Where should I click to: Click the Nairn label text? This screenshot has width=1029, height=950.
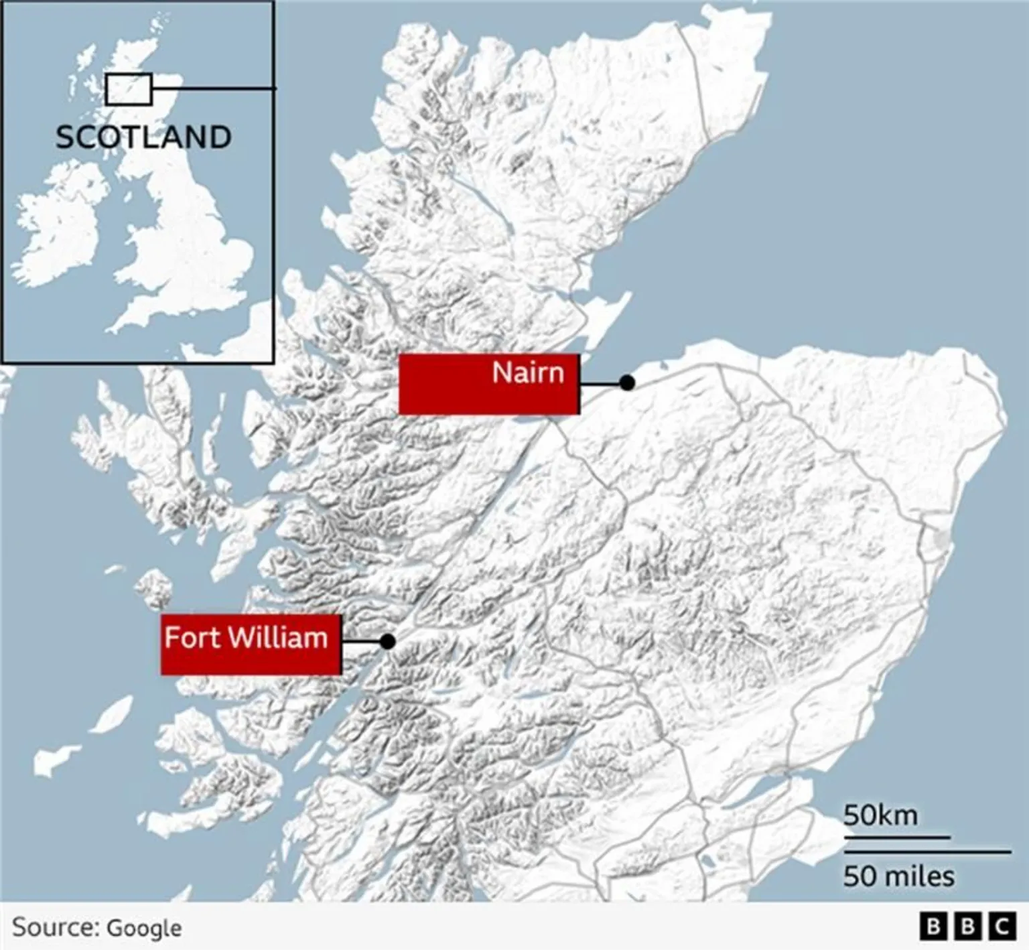coord(528,372)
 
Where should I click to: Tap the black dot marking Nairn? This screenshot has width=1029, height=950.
coord(627,383)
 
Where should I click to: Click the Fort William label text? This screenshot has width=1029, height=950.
coord(246,638)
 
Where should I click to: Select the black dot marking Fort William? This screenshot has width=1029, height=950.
coord(387,641)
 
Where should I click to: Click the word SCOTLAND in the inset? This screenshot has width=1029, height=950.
coord(143,137)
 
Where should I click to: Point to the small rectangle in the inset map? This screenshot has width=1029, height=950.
coord(129,89)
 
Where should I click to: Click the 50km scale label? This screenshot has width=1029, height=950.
coord(880,815)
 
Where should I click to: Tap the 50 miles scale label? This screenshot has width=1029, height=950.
coord(898,876)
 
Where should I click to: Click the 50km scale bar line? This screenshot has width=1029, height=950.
coord(896,837)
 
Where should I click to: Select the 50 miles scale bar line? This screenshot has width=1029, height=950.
coord(927,852)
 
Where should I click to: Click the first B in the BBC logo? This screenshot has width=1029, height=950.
coord(933,927)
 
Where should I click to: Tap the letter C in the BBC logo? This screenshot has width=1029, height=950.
coord(1002,927)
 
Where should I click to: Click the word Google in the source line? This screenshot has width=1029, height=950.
coord(144,929)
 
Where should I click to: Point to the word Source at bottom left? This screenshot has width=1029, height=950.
coord(55,927)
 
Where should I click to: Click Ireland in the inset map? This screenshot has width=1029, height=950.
coord(57,228)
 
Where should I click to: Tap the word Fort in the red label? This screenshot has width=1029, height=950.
coord(192,638)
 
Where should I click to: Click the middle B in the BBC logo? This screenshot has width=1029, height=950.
coord(967,927)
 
